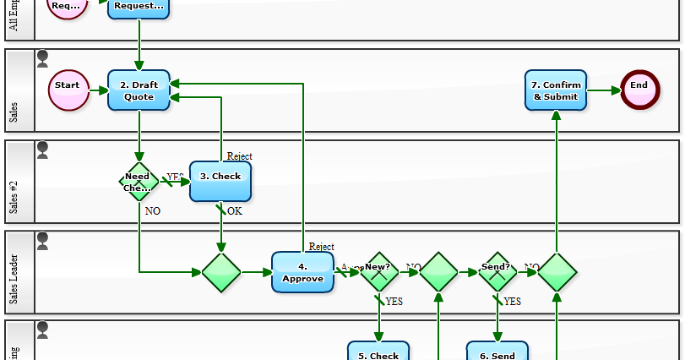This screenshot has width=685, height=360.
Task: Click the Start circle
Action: click(68, 90)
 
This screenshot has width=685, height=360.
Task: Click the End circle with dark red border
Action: click(639, 90)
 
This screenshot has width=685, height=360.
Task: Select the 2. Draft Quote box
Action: click(139, 90)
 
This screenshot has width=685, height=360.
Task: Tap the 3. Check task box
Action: click(220, 181)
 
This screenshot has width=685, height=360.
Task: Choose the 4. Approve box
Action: click(302, 272)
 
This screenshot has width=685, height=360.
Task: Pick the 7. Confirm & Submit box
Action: click(556, 90)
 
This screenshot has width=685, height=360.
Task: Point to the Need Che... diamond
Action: click(139, 181)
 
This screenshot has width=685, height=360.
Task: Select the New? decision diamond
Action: click(379, 272)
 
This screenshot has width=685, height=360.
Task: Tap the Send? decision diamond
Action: click(497, 272)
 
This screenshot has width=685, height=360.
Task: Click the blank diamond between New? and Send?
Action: click(438, 272)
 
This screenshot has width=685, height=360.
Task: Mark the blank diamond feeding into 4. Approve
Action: click(221, 272)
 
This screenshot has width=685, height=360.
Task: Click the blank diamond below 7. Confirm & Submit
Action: click(557, 272)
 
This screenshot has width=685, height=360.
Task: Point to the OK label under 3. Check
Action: click(235, 211)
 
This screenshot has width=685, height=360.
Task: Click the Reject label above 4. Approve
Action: click(321, 247)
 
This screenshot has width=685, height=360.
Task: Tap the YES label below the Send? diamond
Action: click(512, 302)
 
